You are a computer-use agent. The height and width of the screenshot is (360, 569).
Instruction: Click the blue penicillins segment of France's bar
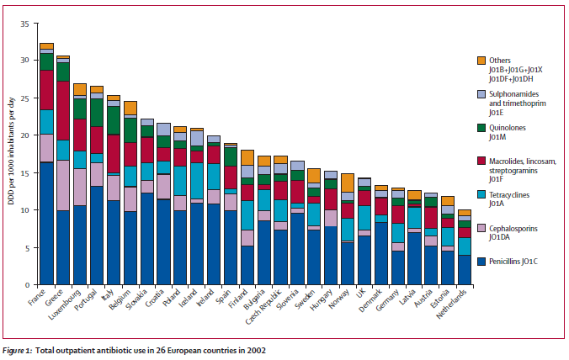pyautogui.click(x=46, y=224)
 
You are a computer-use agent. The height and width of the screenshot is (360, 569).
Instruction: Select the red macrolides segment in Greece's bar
pyautogui.click(x=63, y=110)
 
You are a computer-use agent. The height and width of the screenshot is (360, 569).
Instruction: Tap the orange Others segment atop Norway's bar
pyautogui.click(x=348, y=183)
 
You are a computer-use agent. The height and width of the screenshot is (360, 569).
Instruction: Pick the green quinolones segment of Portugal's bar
pyautogui.click(x=97, y=113)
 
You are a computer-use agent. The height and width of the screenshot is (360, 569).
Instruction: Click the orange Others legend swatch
pyautogui.click(x=481, y=61)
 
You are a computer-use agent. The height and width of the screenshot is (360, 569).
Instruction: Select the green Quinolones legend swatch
pyautogui.click(x=481, y=128)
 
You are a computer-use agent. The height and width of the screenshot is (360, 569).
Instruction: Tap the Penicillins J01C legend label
pyautogui.click(x=513, y=262)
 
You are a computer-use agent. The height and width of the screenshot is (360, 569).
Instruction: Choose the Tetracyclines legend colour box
pyautogui.click(x=481, y=194)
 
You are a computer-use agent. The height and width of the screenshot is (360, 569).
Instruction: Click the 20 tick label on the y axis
pyautogui.click(x=24, y=135)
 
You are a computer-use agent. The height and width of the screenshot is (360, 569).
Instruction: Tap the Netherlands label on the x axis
pyautogui.click(x=451, y=304)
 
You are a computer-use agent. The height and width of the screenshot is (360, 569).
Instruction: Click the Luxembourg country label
pyautogui.click(x=65, y=304)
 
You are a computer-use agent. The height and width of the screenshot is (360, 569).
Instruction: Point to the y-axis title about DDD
pyautogui.click(x=11, y=151)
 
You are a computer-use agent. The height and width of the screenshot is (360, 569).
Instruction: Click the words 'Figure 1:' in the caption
pyautogui.click(x=18, y=351)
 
